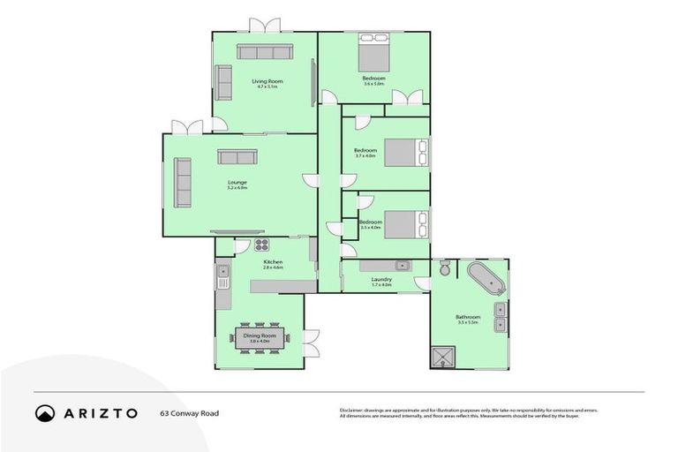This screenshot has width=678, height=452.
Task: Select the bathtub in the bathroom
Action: pyautogui.click(x=485, y=279)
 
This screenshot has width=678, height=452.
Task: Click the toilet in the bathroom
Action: pyautogui.click(x=446, y=268)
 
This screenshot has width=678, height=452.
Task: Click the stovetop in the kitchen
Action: pyautogui.click(x=261, y=245)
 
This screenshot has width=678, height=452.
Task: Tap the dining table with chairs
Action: pyautogui.click(x=260, y=338)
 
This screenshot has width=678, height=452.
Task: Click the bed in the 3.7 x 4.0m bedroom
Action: pyautogui.click(x=405, y=153)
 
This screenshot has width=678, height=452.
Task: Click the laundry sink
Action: pyautogui.click(x=402, y=265)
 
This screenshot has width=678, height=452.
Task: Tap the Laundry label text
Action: pyautogui.click(x=381, y=280)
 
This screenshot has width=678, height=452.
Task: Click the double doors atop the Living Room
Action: pyautogui.click(x=264, y=26)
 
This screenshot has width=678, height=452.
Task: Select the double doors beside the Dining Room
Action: pyautogui.click(x=311, y=343)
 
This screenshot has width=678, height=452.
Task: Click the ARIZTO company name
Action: pyautogui.click(x=99, y=412)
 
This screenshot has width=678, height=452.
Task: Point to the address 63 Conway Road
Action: pyautogui.click(x=189, y=412)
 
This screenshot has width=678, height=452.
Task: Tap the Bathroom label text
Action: pyautogui.click(x=468, y=317)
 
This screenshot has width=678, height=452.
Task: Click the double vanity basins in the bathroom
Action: pyautogui.click(x=501, y=316)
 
